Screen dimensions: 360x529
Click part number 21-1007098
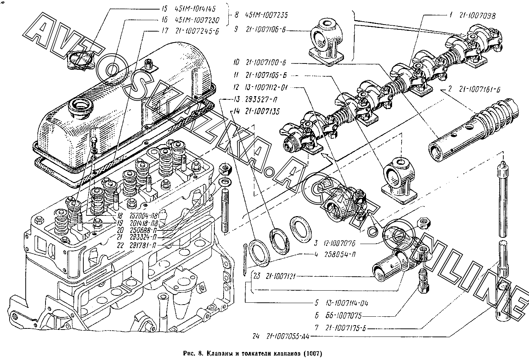(477, 16)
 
